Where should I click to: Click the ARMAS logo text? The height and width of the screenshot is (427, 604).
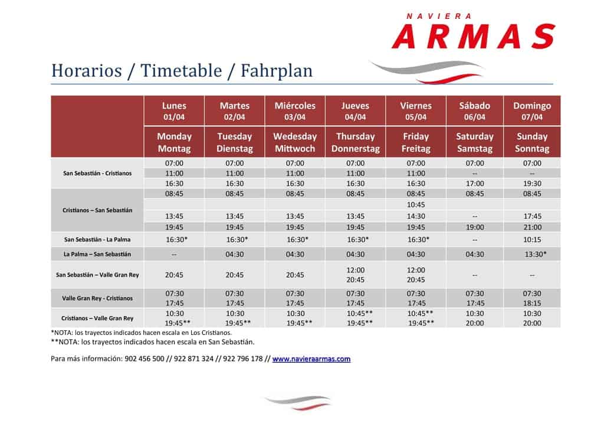(474, 36)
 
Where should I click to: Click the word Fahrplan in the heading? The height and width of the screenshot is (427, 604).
(277, 71)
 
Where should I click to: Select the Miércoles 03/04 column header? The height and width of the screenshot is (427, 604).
(295, 111)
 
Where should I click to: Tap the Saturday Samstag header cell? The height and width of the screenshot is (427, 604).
(475, 142)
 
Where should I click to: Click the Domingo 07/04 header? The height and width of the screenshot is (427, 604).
(532, 111)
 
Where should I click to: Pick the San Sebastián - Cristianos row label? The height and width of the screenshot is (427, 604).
(97, 173)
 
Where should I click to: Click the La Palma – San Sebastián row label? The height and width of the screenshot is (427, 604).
(97, 254)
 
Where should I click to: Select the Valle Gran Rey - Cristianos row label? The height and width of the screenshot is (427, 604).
(97, 298)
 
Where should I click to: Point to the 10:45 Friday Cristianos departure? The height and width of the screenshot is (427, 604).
(416, 205)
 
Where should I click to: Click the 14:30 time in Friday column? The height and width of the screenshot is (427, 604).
(416, 216)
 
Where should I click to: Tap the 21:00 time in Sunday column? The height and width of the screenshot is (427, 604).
(532, 228)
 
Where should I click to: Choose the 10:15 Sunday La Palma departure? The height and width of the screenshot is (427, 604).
(532, 240)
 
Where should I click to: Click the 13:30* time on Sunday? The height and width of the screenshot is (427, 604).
(536, 254)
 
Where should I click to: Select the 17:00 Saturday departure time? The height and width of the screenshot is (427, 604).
(475, 183)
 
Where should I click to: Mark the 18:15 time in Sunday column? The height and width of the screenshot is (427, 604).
(532, 303)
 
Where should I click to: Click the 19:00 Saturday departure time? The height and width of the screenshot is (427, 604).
(475, 228)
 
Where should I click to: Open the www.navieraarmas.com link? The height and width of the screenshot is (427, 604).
(311, 359)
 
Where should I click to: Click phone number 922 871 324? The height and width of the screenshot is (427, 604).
(193, 359)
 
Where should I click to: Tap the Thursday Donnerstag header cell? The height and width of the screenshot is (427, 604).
(355, 142)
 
